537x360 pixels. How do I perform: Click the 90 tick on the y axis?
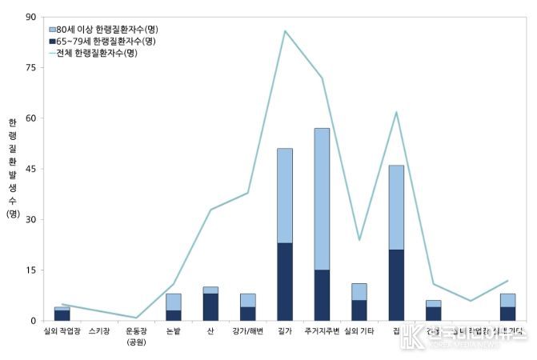click(x=31, y=17)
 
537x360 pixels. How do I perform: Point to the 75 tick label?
click(x=31, y=68)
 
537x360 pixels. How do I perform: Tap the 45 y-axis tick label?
click(x=31, y=169)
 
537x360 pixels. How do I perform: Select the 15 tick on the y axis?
click(x=31, y=270)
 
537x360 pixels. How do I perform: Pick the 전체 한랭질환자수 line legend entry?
click(x=103, y=53)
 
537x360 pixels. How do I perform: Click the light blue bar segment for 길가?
click(x=285, y=195)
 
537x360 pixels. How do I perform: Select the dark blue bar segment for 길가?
click(x=285, y=282)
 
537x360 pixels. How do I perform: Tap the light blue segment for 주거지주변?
click(x=322, y=198)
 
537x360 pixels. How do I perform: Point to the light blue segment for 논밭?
click(x=174, y=302)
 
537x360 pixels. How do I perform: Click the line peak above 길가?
click(x=285, y=31)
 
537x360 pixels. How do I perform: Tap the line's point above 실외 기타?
click(x=359, y=239)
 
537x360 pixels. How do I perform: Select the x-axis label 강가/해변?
click(x=247, y=330)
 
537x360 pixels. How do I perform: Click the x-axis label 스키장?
click(x=100, y=330)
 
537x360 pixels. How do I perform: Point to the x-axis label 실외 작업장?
click(x=63, y=330)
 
